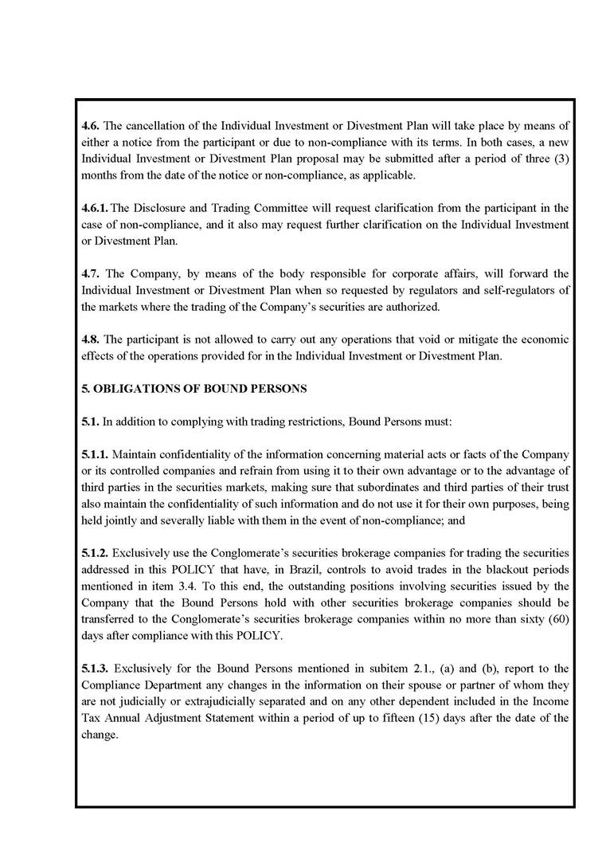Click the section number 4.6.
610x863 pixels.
pyautogui.click(x=91, y=125)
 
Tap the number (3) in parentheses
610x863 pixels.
pyautogui.click(x=560, y=159)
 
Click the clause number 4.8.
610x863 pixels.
pyautogui.click(x=91, y=339)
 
